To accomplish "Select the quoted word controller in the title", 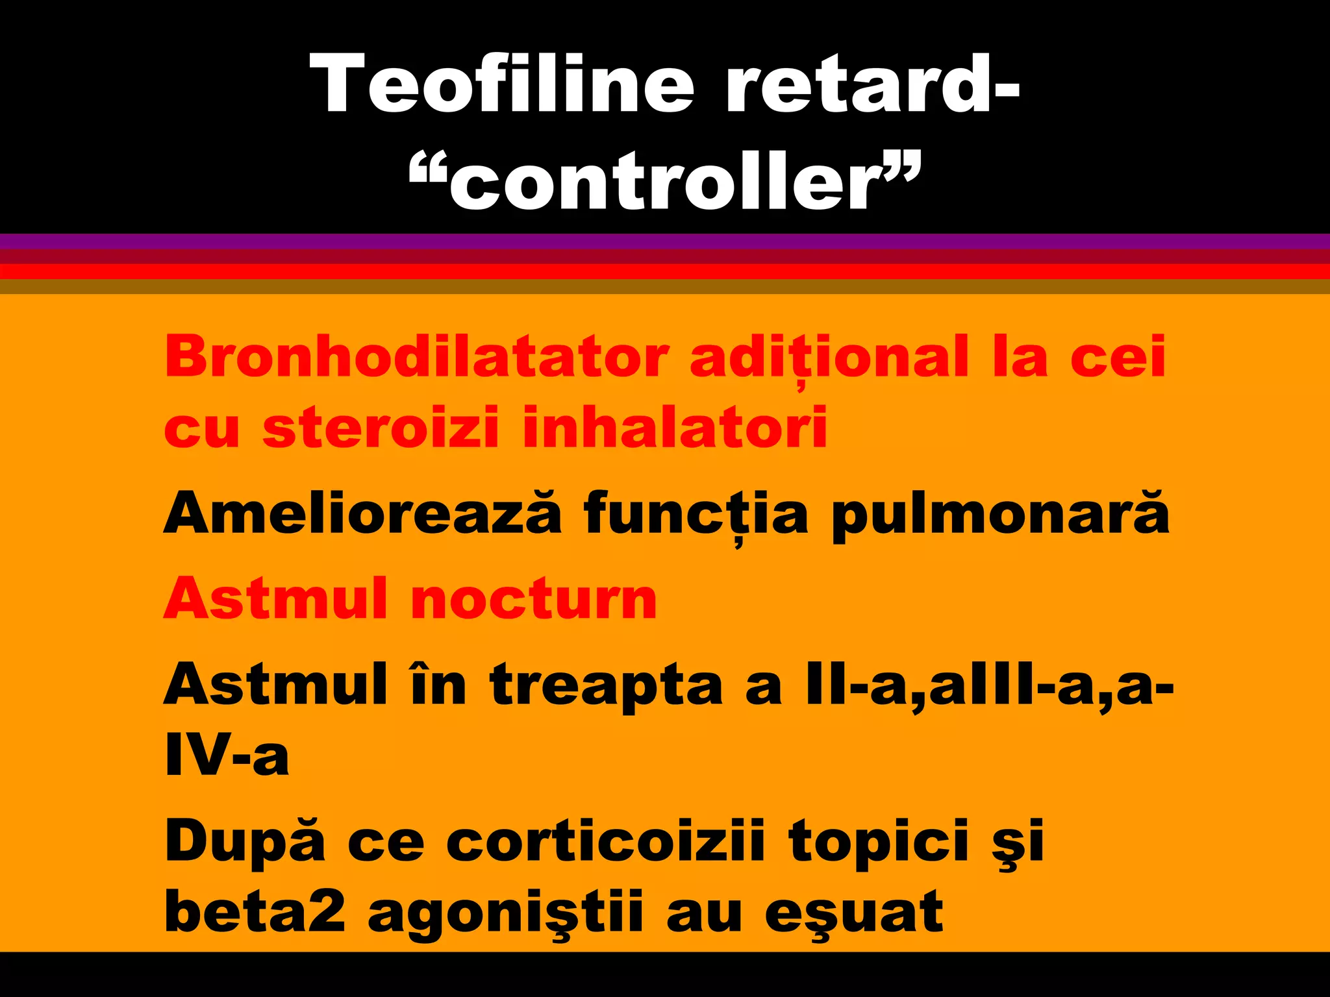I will (x=665, y=182).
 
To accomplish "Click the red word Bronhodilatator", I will (x=416, y=356).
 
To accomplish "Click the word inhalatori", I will (x=675, y=428).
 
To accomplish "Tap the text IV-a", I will (x=227, y=756).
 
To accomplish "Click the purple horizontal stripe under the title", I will (x=665, y=241).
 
